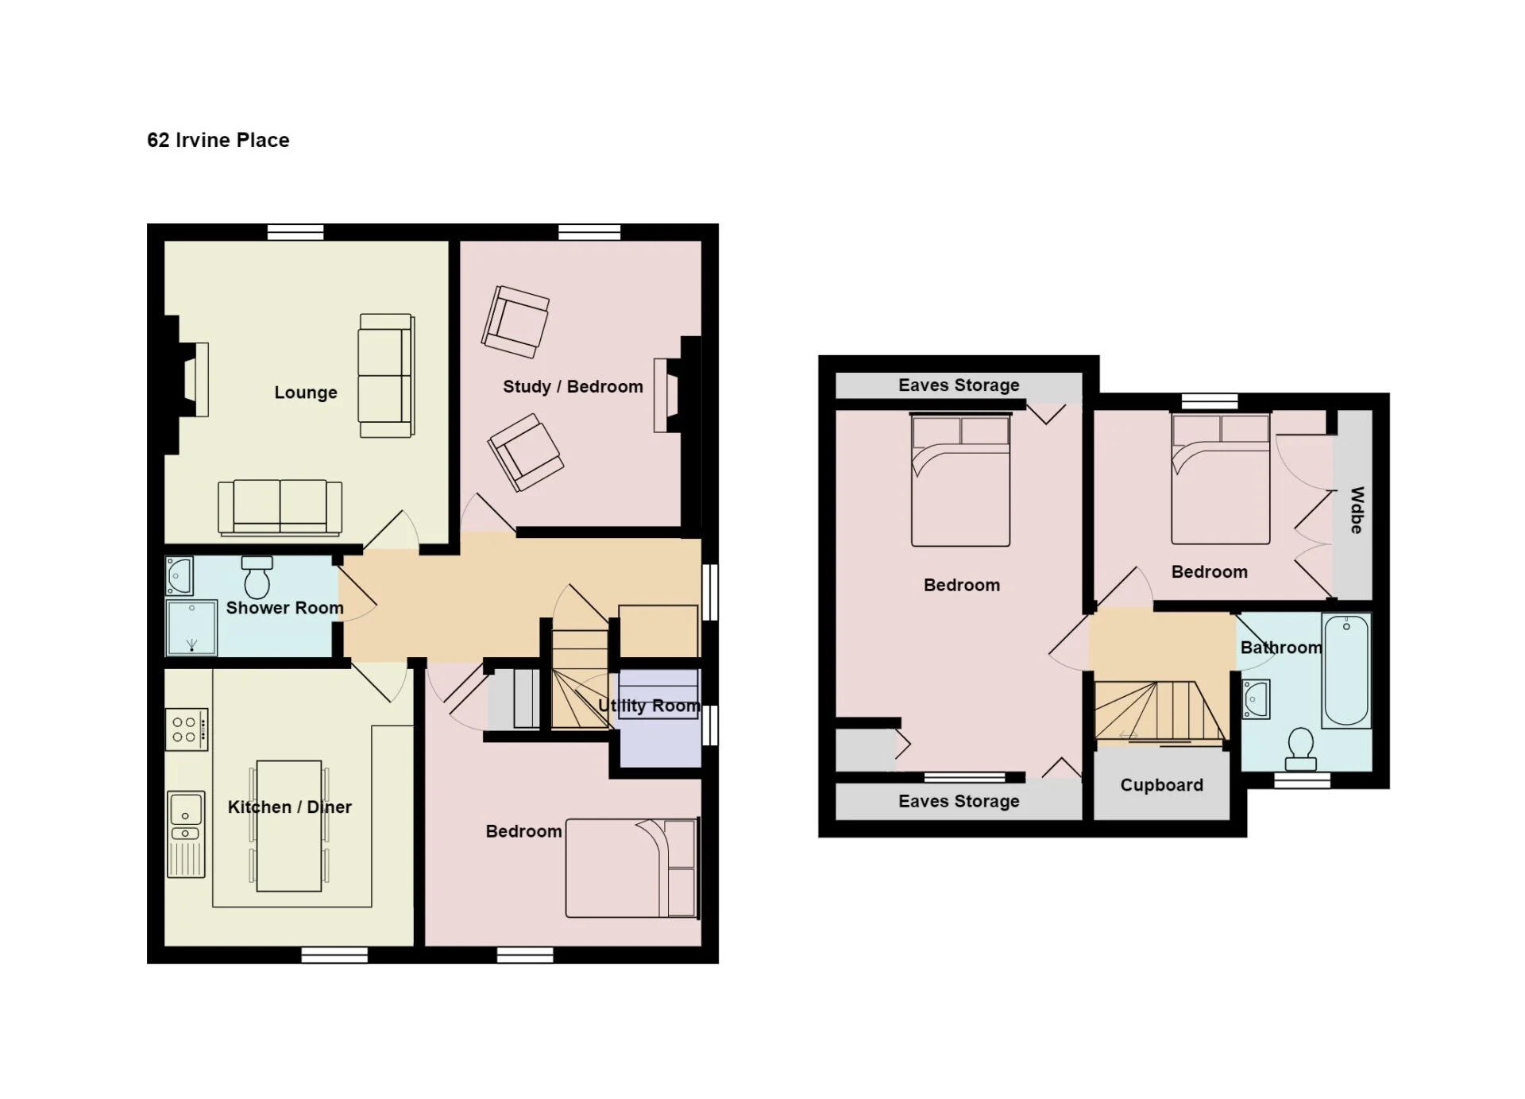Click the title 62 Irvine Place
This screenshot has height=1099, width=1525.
coord(218,141)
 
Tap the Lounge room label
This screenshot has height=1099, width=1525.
coord(306,393)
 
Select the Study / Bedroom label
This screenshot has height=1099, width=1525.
coord(573,387)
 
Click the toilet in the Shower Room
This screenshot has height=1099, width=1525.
coord(257,576)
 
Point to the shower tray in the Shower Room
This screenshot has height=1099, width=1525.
coord(191,628)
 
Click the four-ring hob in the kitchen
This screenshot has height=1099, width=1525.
coord(187,729)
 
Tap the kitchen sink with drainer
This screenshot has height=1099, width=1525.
coord(186,834)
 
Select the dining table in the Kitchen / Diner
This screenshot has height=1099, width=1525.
coord(289,826)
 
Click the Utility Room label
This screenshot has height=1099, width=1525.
coord(649,706)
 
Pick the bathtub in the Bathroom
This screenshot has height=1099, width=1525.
coord(1346,671)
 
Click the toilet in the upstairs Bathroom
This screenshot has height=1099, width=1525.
coord(1301,749)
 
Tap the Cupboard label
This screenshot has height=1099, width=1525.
coord(1161,785)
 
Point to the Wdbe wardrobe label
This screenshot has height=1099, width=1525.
coord(1357,510)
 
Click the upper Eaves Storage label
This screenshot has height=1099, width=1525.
coord(959,385)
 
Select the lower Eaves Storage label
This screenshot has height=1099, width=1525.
coord(959,801)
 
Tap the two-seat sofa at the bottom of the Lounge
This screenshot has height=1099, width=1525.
coord(280,507)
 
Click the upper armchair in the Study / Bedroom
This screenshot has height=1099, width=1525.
coord(515,322)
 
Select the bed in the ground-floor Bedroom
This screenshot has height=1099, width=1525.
coord(632,869)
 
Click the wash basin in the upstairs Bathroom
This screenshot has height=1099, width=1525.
coord(1256,699)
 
